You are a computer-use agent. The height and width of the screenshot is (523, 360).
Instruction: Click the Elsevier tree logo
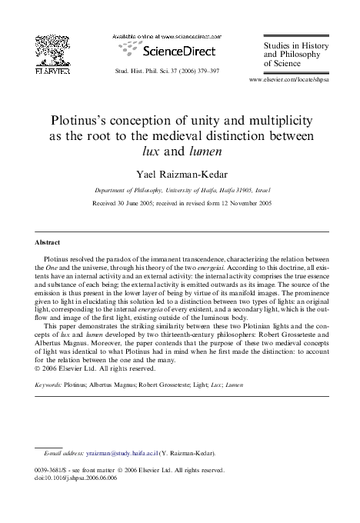point(53,53)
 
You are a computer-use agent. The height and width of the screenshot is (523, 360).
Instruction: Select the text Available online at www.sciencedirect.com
point(165,36)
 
